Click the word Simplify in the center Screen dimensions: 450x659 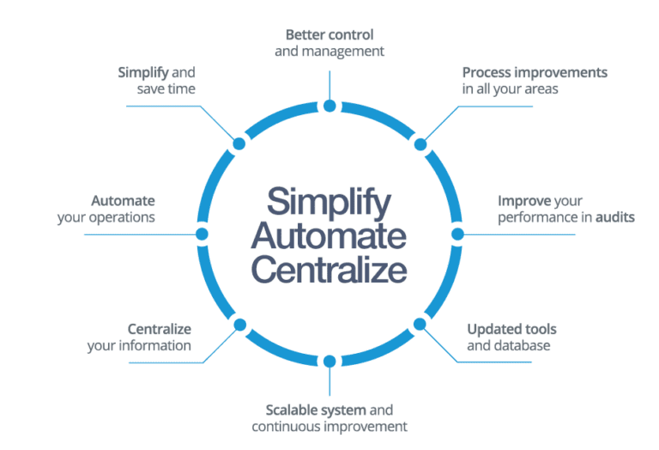(x=329, y=203)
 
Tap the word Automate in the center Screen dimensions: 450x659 (x=329, y=236)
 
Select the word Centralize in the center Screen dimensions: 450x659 (x=329, y=270)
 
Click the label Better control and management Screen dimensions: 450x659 (x=329, y=43)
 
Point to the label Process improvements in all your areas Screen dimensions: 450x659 (x=535, y=81)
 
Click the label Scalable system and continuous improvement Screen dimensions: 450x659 (x=329, y=418)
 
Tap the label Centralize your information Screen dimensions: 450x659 (x=139, y=337)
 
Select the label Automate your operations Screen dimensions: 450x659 (x=107, y=210)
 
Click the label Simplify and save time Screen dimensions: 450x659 (x=157, y=81)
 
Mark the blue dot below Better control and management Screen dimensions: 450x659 (x=329, y=106)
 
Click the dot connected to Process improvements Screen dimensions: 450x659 (x=420, y=143)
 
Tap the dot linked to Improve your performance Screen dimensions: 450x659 (x=457, y=234)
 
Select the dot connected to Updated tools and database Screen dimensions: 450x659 (x=420, y=325)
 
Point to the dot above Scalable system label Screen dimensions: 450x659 (x=329, y=362)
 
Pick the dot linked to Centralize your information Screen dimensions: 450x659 (x=239, y=325)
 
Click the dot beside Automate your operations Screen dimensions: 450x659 (x=203, y=234)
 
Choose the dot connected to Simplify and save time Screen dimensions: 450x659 (x=239, y=143)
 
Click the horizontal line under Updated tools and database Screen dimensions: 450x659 (x=498, y=362)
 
